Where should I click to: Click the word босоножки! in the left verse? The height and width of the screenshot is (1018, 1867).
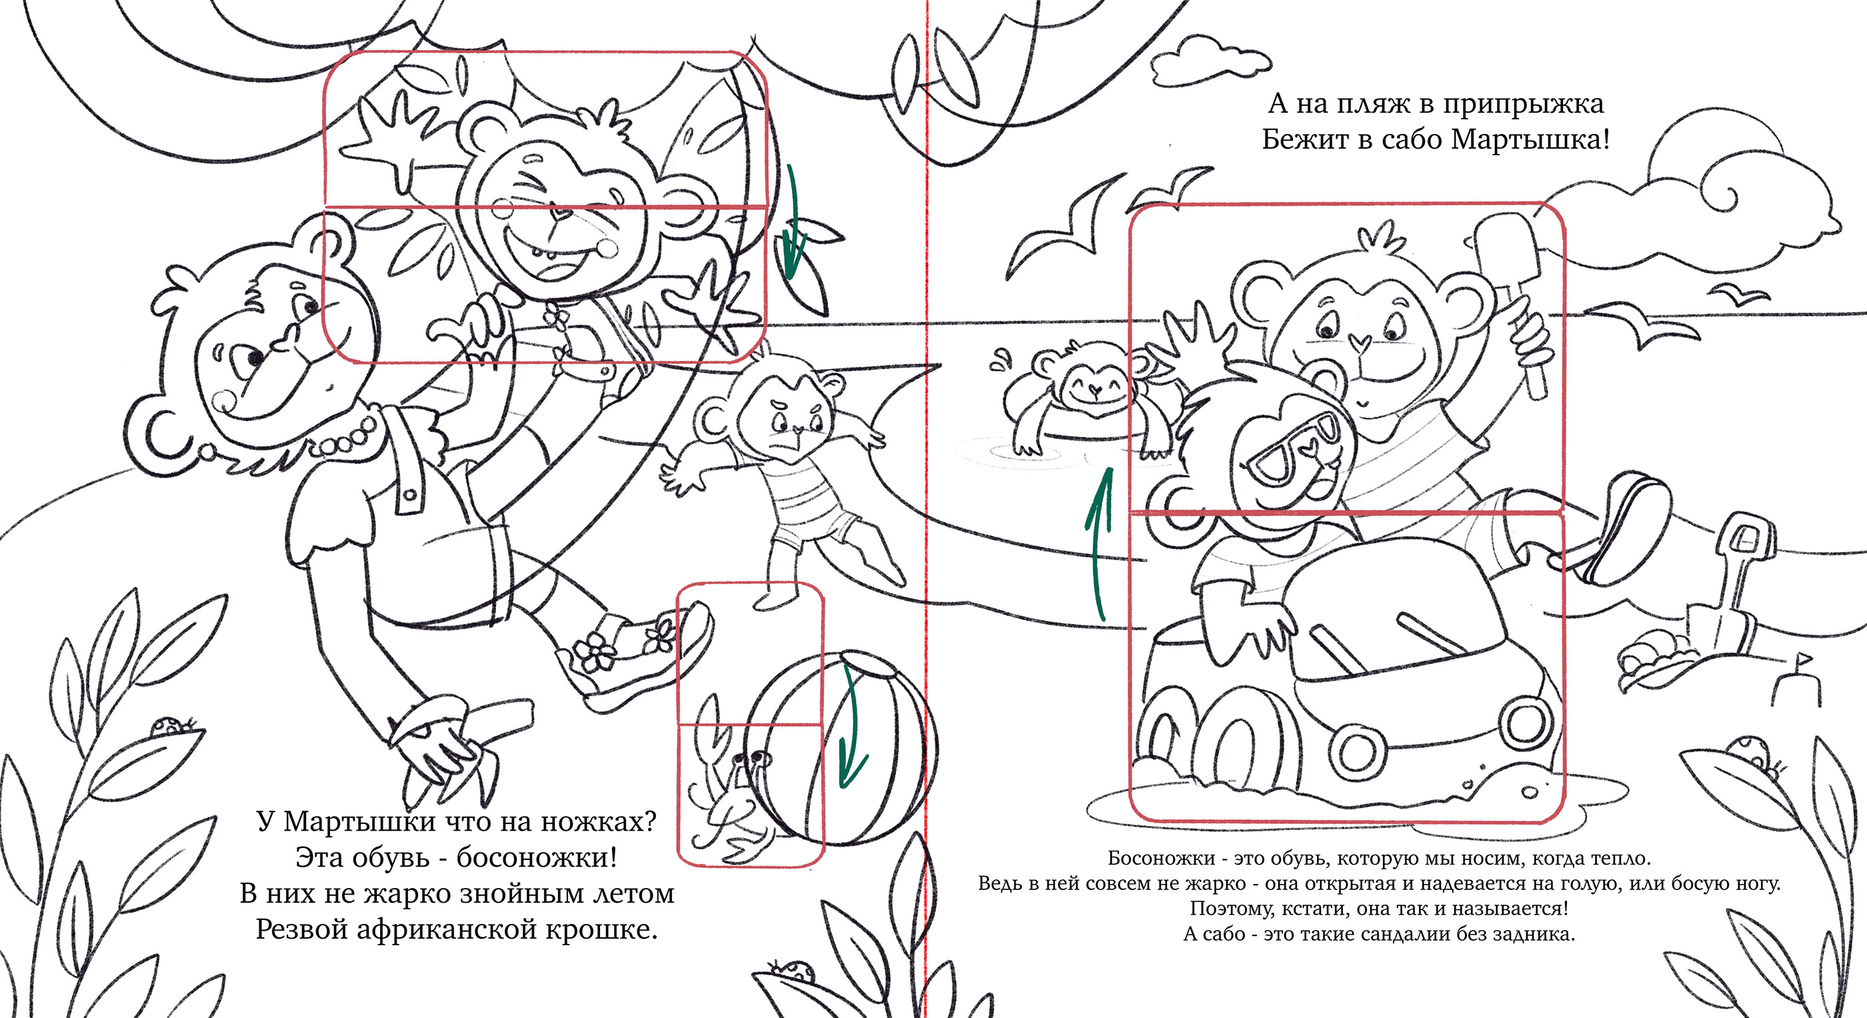[x=537, y=858]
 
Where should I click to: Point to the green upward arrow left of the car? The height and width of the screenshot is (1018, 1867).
[x=1099, y=543]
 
